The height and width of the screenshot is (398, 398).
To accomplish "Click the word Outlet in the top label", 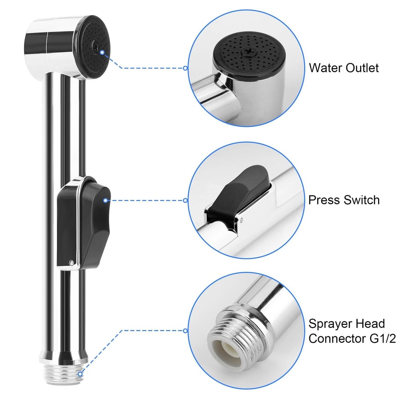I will tap(362, 68).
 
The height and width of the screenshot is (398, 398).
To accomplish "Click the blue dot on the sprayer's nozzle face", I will tap(102, 52).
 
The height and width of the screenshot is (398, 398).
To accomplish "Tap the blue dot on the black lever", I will tap(106, 201).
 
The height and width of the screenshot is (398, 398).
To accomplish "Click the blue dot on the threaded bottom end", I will tap(80, 374).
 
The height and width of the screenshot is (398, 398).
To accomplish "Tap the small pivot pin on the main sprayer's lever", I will tap(71, 262).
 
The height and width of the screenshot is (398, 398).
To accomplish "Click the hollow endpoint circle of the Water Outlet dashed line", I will tap(185, 68).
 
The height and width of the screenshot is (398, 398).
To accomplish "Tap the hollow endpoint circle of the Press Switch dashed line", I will tap(185, 200).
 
